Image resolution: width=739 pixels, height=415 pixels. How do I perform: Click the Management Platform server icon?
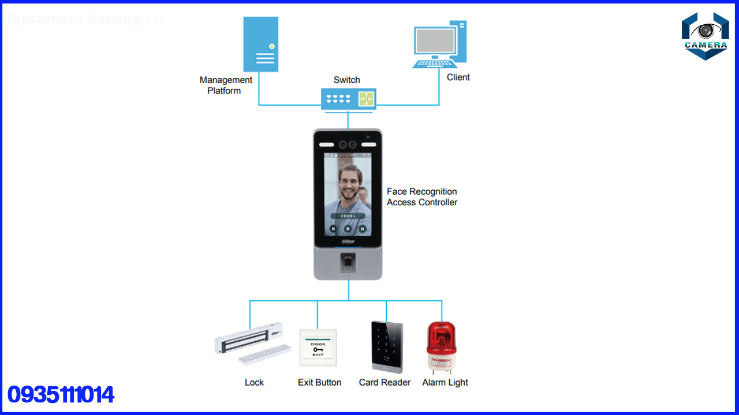(260, 44)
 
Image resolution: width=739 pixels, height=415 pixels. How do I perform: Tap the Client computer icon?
(439, 44)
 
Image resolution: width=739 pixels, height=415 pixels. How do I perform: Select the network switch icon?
(349, 99)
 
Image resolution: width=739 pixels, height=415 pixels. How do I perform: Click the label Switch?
(346, 80)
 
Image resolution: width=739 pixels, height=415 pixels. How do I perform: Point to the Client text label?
(458, 77)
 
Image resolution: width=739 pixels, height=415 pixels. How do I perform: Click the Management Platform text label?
(226, 85)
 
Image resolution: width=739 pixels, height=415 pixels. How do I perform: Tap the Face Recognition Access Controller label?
(422, 197)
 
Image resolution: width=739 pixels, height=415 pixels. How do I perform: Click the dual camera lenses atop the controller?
(348, 144)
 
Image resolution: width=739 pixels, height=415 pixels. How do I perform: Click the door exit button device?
(318, 348)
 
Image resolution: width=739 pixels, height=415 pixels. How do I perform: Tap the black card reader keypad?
(388, 347)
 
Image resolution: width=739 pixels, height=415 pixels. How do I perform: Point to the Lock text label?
(254, 382)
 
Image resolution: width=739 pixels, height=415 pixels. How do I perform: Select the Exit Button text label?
(319, 382)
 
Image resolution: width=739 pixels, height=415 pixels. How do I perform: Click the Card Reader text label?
(385, 382)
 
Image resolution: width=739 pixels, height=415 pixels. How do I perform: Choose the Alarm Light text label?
(445, 382)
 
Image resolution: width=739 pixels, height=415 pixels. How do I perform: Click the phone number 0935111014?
(61, 395)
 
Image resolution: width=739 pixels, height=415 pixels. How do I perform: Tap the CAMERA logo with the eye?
(705, 36)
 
